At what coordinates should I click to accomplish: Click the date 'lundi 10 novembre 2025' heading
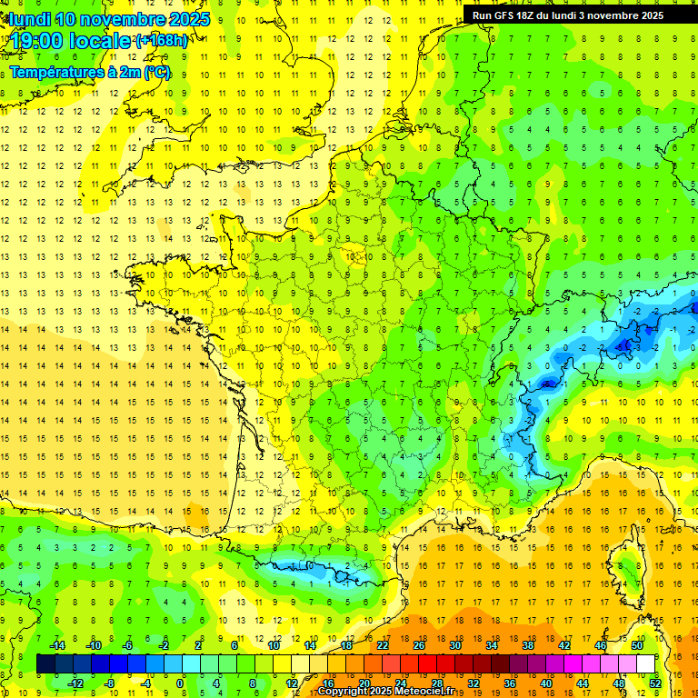pos(107,18)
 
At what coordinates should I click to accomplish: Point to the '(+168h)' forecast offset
pos(161,40)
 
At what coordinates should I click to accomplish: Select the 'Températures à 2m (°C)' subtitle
pos(90,72)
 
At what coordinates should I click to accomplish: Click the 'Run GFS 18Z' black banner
pos(568,15)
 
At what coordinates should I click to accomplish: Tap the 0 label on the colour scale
pos(180,683)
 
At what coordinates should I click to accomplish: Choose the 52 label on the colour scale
pos(655,683)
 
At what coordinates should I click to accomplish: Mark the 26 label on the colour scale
pos(419,645)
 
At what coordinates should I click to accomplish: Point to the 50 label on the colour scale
pos(637,645)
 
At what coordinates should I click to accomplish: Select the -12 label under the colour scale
pos(76,683)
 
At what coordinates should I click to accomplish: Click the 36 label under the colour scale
pos(510,683)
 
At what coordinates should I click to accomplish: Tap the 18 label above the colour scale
pos(346,645)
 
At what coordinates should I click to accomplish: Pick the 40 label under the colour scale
pos(546,683)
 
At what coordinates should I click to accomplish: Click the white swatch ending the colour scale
pos(646,663)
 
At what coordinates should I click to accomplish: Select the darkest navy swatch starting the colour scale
pos(45,663)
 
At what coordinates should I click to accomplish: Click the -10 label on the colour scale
pos(93,645)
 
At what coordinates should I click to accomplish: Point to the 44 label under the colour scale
pos(583,683)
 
